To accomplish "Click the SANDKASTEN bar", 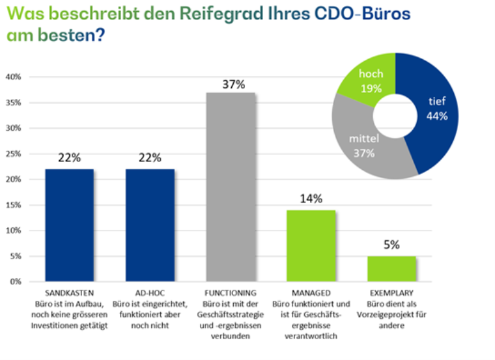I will [x=70, y=225].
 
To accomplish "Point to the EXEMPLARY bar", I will [x=392, y=269].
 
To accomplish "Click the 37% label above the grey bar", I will [x=233, y=85].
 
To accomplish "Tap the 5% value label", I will [x=391, y=245].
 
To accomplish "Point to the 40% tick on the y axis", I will [x=14, y=77].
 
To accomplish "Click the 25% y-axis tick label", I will [x=14, y=154].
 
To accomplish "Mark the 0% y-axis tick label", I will [x=16, y=281].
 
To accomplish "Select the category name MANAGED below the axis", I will [x=312, y=293].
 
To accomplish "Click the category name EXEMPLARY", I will [x=391, y=293].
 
